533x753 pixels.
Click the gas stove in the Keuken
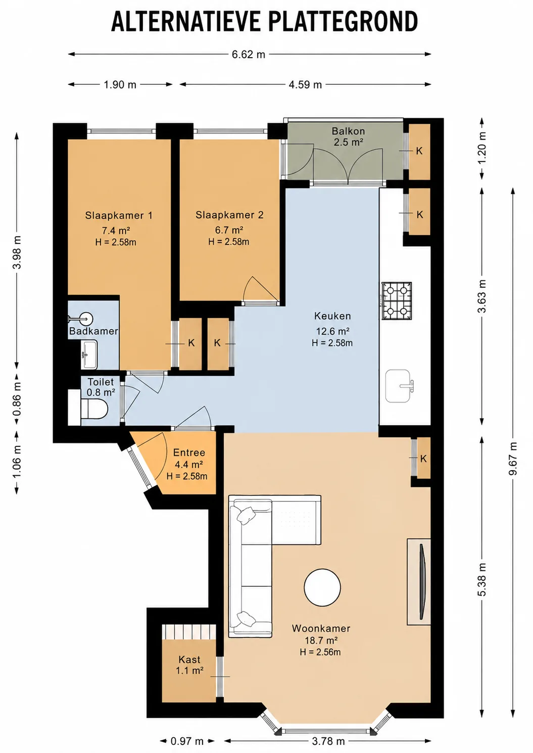tap(397, 301)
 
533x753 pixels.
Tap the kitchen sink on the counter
tap(399, 386)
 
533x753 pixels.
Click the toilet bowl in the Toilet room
tap(94, 409)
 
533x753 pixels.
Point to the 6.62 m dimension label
tap(249, 55)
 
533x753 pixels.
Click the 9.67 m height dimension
tap(512, 458)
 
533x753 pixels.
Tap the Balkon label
tap(348, 131)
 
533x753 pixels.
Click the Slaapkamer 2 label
tap(229, 215)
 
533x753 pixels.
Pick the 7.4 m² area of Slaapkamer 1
tap(116, 230)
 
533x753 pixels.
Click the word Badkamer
tap(93, 331)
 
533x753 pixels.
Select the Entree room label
tap(189, 453)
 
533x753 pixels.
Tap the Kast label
tap(189, 660)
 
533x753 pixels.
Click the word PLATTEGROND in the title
tap(343, 22)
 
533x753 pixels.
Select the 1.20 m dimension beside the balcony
tap(482, 147)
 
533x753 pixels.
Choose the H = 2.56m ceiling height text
tap(320, 652)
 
